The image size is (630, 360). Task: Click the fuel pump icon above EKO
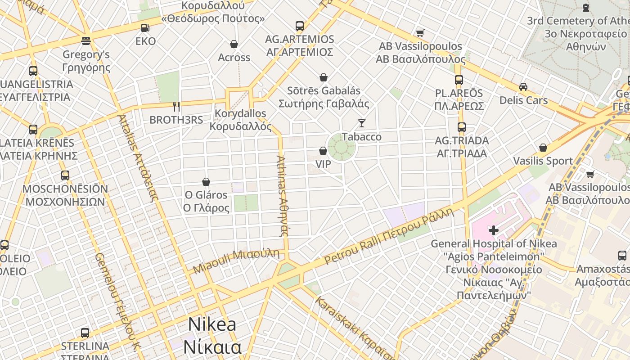[145, 28]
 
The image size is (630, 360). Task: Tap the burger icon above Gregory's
[86, 41]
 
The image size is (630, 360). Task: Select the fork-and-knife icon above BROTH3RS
[176, 107]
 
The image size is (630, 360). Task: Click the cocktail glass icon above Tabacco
[361, 123]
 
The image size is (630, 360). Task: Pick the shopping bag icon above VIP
[323, 151]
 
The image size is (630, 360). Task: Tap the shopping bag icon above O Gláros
[206, 182]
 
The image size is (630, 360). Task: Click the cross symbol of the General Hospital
[494, 230]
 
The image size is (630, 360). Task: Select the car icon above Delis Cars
[523, 87]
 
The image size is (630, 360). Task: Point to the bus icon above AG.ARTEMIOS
[300, 26]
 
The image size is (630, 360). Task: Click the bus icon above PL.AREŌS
[459, 80]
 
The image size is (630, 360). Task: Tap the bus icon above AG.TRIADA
[462, 127]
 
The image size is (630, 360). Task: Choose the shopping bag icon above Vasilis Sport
[543, 148]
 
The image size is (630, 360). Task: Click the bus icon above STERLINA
[85, 333]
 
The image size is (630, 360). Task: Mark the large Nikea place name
[212, 335]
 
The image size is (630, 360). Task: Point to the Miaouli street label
[236, 261]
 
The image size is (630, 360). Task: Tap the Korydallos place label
[241, 120]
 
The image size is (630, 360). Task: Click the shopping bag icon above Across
[234, 44]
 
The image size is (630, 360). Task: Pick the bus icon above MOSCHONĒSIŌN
[65, 175]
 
